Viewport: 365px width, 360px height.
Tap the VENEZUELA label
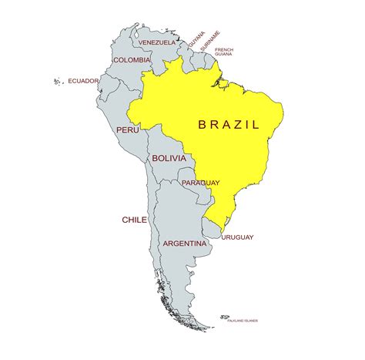point(158,42)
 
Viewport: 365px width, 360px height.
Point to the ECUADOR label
point(83,80)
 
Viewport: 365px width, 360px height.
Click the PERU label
point(127,130)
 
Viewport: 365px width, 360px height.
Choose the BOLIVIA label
point(169,158)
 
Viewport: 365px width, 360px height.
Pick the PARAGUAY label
point(201,183)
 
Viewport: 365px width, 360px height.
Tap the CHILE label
point(134,220)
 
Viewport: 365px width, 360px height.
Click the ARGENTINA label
point(185,244)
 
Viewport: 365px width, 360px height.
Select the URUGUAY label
point(237,237)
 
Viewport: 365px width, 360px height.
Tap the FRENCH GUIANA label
point(224,52)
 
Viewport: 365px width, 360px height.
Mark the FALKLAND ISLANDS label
point(242,321)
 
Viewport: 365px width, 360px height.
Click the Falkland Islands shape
point(224,317)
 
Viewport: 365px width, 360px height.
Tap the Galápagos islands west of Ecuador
point(57,79)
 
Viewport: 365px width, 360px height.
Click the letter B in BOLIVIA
point(155,158)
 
